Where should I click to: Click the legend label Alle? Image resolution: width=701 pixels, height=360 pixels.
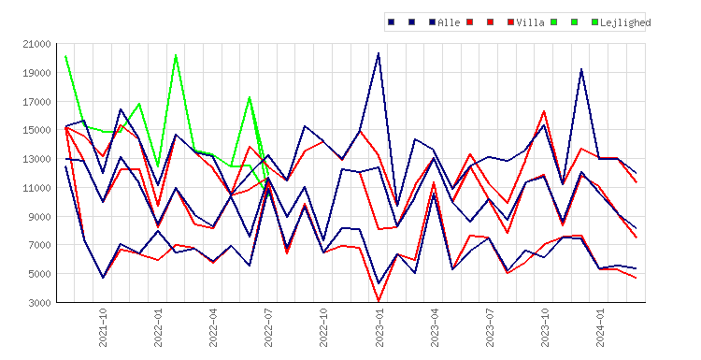coord(449,22)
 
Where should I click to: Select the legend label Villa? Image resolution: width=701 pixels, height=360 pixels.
coord(530,22)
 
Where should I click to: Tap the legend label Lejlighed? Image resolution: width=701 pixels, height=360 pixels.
coord(625,22)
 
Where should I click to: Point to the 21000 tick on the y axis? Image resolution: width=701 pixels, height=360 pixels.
coord(36,44)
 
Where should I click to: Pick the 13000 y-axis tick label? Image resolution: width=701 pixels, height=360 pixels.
coord(36,159)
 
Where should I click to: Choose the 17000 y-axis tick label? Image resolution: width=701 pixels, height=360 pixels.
coord(36,102)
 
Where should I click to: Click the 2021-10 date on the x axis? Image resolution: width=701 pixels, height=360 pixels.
coord(103,327)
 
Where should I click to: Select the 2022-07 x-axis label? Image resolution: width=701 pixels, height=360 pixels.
coord(268,327)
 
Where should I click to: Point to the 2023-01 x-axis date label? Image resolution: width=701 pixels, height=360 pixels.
coord(379,327)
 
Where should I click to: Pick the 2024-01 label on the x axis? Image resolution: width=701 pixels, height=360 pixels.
coord(599,327)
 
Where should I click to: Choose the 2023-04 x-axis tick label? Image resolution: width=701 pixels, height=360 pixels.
coord(434,327)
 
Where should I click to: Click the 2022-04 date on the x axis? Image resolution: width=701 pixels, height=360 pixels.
coord(213,327)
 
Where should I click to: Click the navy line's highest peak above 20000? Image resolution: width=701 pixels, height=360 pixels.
coord(379,53)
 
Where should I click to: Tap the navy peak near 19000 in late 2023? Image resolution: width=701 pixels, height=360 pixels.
coord(581,69)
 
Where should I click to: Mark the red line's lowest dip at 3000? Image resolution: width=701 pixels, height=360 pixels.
coord(379,301)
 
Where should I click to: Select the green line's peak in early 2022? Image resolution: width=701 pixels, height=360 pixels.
coord(176,55)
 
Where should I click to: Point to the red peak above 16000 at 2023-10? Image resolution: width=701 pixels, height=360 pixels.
coord(544,111)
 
